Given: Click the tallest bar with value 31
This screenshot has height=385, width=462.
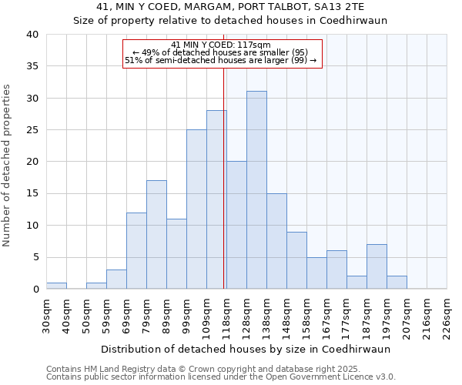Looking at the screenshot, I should click(x=256, y=190).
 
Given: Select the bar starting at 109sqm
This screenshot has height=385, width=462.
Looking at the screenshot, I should click(x=216, y=199).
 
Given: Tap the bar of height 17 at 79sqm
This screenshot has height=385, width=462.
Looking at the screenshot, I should click(x=156, y=235).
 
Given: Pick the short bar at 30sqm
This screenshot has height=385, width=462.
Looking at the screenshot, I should click(x=56, y=286).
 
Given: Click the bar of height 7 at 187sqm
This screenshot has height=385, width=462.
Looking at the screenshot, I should click(x=377, y=266).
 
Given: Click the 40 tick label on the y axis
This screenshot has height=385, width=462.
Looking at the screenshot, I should click(x=32, y=35).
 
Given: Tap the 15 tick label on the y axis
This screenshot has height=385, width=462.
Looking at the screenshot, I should click(x=32, y=194).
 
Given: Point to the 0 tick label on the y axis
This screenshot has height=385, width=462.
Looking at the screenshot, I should click(x=35, y=290).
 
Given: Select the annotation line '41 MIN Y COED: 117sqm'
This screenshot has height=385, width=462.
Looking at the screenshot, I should click(x=221, y=45).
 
